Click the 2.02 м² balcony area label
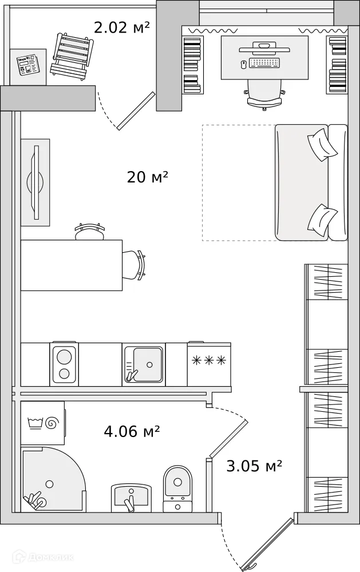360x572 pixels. click(122, 27)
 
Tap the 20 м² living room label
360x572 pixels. click(147, 177)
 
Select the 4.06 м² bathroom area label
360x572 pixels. click(132, 431)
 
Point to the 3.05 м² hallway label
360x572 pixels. click(254, 466)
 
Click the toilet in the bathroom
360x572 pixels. click(177, 488)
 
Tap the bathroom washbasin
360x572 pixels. click(130, 498)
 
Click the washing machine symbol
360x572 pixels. click(43, 423)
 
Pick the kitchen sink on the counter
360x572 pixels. click(144, 364)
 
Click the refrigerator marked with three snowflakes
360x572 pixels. click(209, 364)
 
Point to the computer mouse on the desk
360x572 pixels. click(244, 65)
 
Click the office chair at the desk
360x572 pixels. click(264, 94)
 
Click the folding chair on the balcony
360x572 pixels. click(72, 55)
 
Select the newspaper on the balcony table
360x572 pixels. click(27, 65)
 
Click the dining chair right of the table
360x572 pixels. click(134, 265)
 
